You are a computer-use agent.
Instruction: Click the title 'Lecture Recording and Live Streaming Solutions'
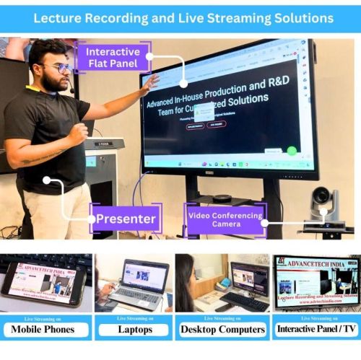coord(180,17)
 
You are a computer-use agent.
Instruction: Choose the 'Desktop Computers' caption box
coord(222,330)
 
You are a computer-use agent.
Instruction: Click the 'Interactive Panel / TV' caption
coord(314,330)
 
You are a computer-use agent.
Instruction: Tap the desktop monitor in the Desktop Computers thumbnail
coord(249,278)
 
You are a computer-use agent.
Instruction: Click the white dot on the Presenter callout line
coord(47,180)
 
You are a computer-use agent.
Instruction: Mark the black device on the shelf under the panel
coord(221,198)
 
